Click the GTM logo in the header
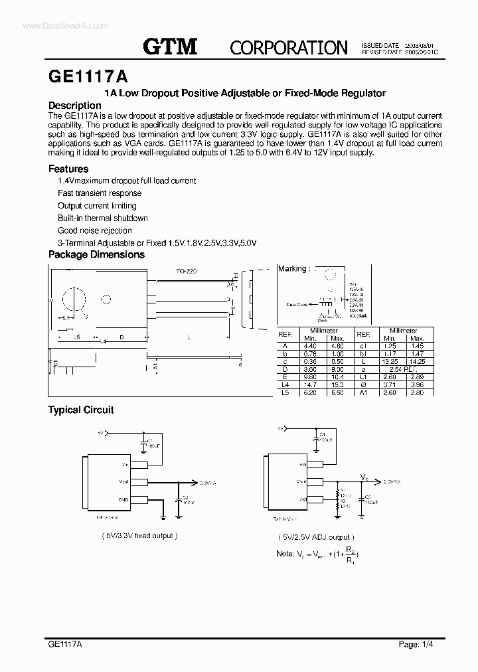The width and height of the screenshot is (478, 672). pyautogui.click(x=171, y=46)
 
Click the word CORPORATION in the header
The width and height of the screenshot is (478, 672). pyautogui.click(x=288, y=47)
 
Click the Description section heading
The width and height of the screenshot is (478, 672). pyautogui.click(x=75, y=106)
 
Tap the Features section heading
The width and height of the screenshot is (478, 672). pyautogui.click(x=68, y=169)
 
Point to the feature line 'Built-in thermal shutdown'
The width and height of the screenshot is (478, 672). pyautogui.click(x=103, y=218)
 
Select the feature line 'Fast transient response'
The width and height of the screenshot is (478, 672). pyautogui.click(x=100, y=193)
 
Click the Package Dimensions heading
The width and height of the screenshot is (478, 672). pyautogui.click(x=96, y=254)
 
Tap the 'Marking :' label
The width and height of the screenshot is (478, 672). pyautogui.click(x=293, y=269)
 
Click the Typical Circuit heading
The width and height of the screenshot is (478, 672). pyautogui.click(x=81, y=410)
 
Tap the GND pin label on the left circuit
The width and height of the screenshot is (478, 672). pyautogui.click(x=123, y=499)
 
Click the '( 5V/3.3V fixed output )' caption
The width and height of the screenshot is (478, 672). pyautogui.click(x=139, y=535)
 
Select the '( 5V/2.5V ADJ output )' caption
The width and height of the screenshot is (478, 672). pyautogui.click(x=316, y=537)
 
